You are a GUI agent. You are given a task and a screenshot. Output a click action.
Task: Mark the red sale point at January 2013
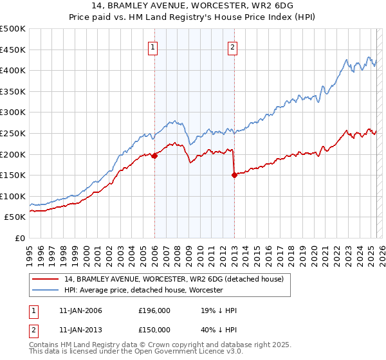pyautogui.click(x=234, y=175)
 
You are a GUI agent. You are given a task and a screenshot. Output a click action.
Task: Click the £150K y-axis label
pyautogui.click(x=14, y=175)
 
